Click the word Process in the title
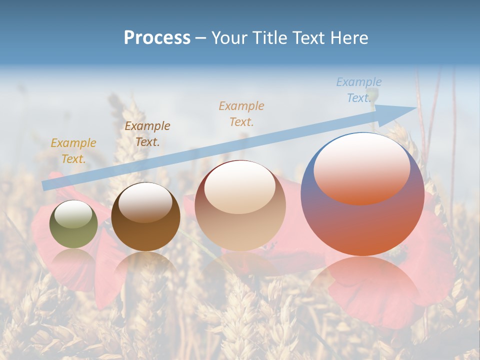point(157,38)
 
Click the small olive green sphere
point(73,224)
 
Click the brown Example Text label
point(147,134)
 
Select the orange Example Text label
point(241,113)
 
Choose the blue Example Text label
point(358,90)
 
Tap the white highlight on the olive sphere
point(73,214)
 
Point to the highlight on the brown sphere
point(145,202)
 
